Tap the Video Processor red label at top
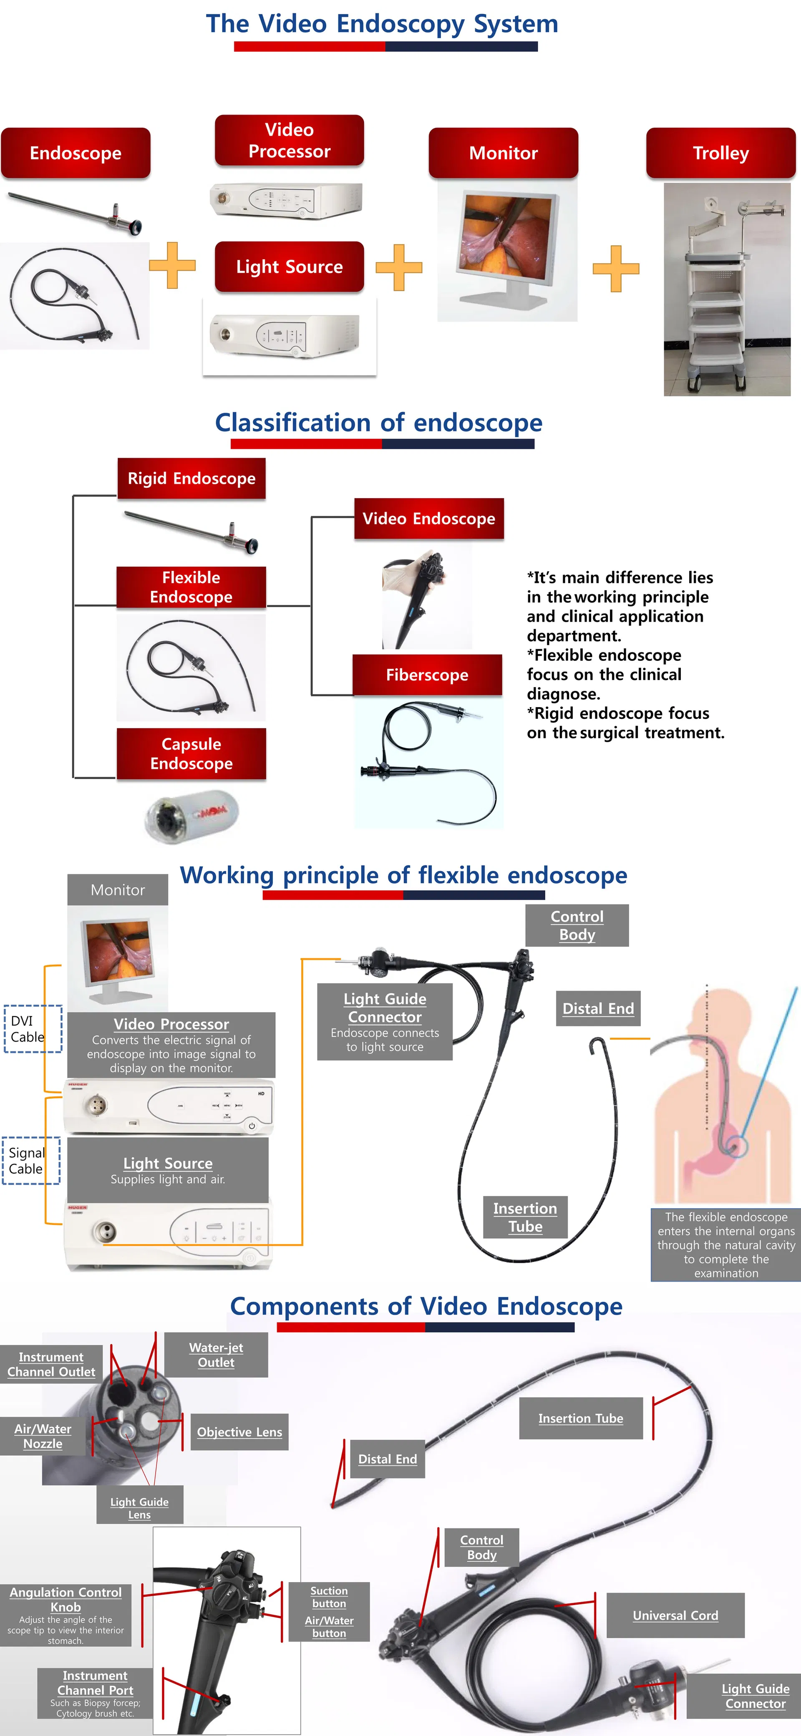click(289, 140)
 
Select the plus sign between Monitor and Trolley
click(616, 268)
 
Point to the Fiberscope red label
click(427, 675)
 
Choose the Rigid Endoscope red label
click(191, 479)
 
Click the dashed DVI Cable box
click(33, 1028)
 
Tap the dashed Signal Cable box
click(31, 1161)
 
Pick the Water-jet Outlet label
click(216, 1355)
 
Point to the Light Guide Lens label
click(139, 1507)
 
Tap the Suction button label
click(329, 1597)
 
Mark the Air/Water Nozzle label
click(43, 1436)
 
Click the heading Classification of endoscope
click(379, 423)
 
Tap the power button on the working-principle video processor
click(251, 1126)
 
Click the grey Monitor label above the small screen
click(118, 889)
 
